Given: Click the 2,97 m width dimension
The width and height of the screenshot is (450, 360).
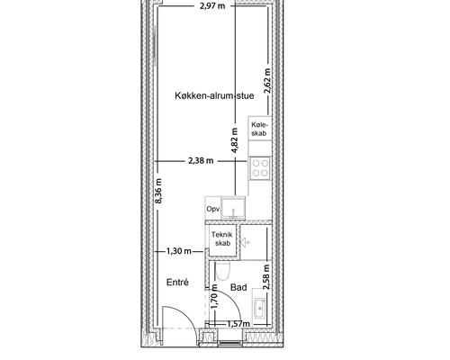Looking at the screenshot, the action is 212,5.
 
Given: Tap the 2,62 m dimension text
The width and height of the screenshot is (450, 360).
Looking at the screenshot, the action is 267,81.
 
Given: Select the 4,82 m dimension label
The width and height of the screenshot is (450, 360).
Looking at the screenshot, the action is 235,140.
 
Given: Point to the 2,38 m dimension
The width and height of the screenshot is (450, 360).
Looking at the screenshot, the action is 201,161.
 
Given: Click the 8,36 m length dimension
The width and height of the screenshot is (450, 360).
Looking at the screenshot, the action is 158,191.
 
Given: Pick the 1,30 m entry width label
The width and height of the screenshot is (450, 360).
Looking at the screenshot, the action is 178,251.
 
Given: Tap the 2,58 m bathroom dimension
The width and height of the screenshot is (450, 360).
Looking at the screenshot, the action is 266,276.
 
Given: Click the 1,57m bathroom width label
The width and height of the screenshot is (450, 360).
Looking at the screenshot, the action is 238,324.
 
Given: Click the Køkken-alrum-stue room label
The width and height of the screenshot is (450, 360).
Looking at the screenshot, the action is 214,95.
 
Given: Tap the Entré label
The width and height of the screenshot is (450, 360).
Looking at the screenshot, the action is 177,283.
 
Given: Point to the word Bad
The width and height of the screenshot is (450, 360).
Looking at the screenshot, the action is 238,287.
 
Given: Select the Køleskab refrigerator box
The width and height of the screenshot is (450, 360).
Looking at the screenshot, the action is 259,129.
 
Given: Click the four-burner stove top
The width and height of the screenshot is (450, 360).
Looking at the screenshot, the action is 260,168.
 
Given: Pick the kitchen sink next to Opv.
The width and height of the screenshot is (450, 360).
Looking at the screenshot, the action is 233,208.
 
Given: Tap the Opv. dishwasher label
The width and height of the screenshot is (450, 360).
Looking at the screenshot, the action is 213,209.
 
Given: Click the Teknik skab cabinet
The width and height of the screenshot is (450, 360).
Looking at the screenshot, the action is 222,239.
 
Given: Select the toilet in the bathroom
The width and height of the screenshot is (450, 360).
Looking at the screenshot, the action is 223,271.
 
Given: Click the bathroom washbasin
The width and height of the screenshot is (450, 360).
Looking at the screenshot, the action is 259,308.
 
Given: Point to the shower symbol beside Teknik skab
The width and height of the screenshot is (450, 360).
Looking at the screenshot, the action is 245,242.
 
